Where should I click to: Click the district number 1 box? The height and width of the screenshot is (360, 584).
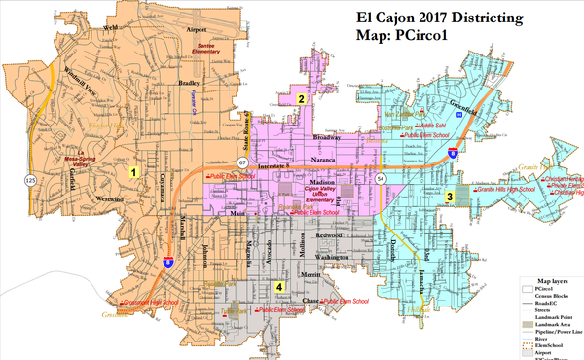(x=132, y=173)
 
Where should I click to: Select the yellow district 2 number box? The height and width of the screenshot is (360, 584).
(x=303, y=98)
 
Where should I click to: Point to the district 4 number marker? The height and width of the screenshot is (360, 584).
(x=280, y=287)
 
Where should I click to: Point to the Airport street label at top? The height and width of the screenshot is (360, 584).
(x=198, y=31)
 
